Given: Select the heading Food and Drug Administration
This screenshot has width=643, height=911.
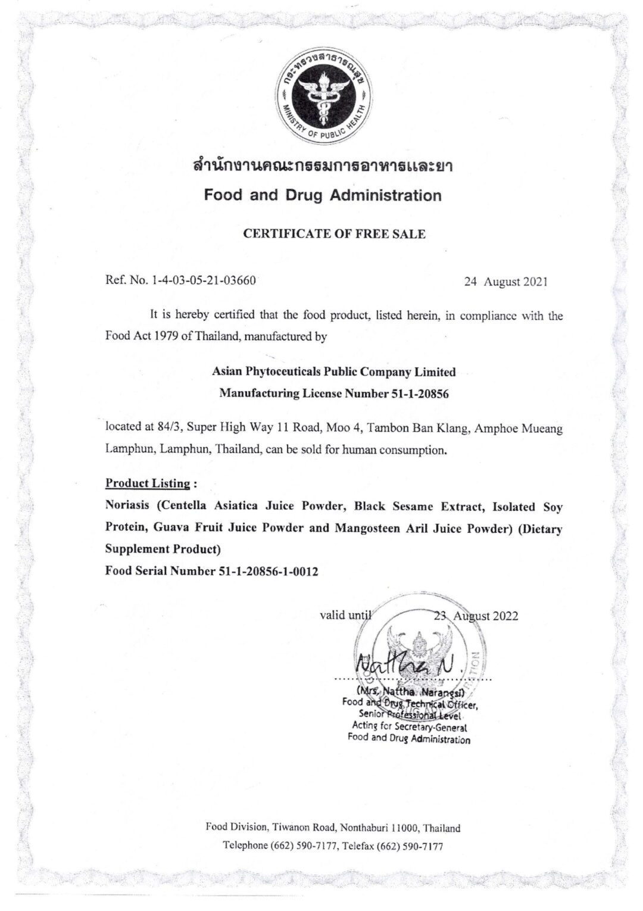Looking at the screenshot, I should point(323,195).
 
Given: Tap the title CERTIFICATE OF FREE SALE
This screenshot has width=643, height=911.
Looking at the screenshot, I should point(335,234).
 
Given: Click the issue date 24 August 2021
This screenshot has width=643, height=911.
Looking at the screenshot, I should point(505,282).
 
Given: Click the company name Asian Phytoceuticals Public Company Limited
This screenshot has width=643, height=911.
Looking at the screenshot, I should point(334,372).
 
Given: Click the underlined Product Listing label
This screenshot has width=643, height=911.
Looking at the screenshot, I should point(148,483).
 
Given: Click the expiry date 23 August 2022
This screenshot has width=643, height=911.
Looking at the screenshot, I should point(476,616).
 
